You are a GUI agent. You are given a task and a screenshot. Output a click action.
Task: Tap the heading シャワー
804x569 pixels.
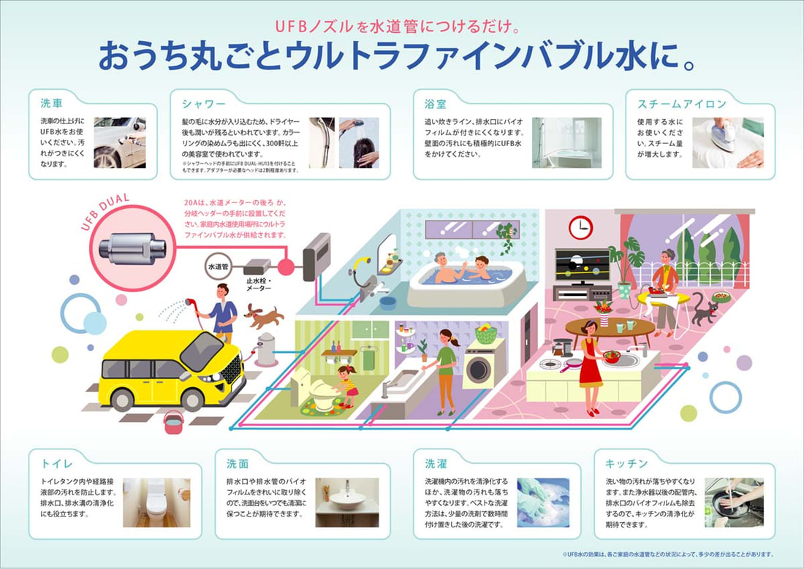204,102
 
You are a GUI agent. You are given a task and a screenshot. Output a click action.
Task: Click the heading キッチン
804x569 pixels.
626,463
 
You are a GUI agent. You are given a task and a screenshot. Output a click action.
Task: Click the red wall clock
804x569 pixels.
580,227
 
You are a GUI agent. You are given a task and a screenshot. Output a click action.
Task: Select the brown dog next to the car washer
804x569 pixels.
264,316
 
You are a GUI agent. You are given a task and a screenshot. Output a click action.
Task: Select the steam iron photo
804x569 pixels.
727,142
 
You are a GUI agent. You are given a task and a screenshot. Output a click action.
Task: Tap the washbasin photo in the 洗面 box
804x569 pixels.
347,502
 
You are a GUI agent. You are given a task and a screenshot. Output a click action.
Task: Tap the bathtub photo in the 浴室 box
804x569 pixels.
566,142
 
